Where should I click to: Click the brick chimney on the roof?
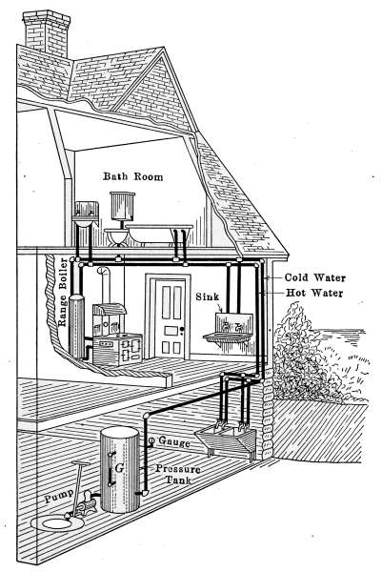[x=47, y=33]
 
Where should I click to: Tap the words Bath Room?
[x=133, y=176]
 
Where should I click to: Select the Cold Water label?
[x=315, y=277]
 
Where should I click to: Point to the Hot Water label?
[x=314, y=293]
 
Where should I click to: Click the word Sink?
[x=208, y=296]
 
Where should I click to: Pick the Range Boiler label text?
[x=63, y=293]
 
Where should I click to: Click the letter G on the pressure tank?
[x=119, y=468]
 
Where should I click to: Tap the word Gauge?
[x=174, y=441]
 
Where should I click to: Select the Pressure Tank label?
[x=178, y=474]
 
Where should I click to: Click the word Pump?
[x=59, y=497]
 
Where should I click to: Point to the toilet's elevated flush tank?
[x=123, y=206]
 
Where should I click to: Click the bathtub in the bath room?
[x=159, y=234]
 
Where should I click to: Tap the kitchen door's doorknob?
[x=182, y=330]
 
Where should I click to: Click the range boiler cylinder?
[x=76, y=326]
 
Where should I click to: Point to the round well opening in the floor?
[x=57, y=523]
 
